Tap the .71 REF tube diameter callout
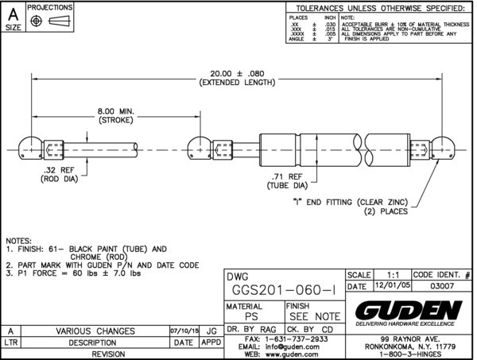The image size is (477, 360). (285, 180)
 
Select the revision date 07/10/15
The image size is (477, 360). (183, 330)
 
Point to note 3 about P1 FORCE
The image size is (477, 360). (73, 273)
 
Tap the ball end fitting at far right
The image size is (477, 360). (445, 148)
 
